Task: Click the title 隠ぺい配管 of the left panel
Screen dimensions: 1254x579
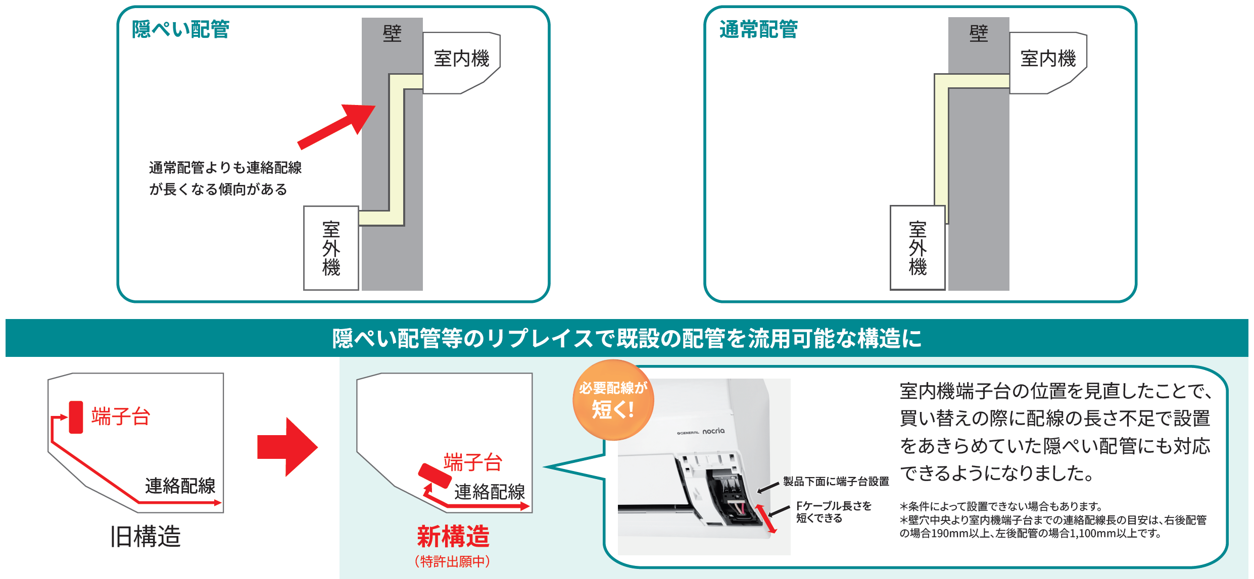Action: pyautogui.click(x=180, y=29)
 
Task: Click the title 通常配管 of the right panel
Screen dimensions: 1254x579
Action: pyautogui.click(x=758, y=29)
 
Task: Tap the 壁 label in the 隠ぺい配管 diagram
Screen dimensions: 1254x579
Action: pyautogui.click(x=392, y=33)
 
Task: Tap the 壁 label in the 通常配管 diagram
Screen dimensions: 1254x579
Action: pyautogui.click(x=979, y=33)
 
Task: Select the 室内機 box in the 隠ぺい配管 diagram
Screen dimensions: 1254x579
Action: pyautogui.click(x=461, y=63)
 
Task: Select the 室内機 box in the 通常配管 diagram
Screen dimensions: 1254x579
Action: pyautogui.click(x=1047, y=63)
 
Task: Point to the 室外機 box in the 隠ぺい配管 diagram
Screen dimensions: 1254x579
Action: pyautogui.click(x=331, y=248)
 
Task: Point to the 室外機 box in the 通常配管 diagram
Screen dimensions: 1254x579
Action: pyautogui.click(x=918, y=248)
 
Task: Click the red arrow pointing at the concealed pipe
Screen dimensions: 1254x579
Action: pyautogui.click(x=336, y=127)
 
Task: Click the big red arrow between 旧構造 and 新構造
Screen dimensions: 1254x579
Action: pyautogui.click(x=287, y=447)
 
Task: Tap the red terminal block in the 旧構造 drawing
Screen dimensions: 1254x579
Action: pyautogui.click(x=76, y=417)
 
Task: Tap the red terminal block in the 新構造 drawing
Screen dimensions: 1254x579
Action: pyautogui.click(x=435, y=476)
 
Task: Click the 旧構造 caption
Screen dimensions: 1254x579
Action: pyautogui.click(x=146, y=536)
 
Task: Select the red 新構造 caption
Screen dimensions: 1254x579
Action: pyautogui.click(x=453, y=536)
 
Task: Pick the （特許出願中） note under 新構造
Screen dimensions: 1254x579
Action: pyautogui.click(x=452, y=561)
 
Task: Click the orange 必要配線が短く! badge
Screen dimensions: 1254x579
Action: pyautogui.click(x=613, y=400)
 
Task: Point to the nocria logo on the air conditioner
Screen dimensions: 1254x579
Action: pyautogui.click(x=713, y=431)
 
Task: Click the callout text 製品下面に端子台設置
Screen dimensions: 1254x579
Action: pyautogui.click(x=836, y=481)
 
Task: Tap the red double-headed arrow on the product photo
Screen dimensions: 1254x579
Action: pyautogui.click(x=765, y=518)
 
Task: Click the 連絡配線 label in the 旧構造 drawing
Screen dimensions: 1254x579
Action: pyautogui.click(x=180, y=486)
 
